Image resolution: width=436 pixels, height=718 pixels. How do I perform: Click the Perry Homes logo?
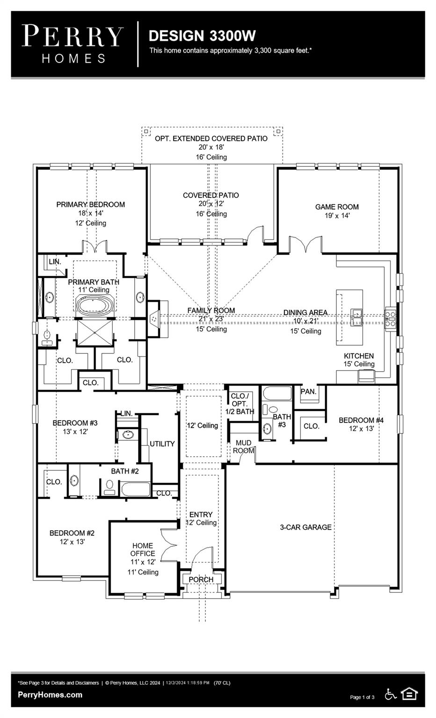pyautogui.click(x=73, y=44)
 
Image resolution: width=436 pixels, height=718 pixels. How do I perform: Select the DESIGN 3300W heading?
pyautogui.click(x=202, y=36)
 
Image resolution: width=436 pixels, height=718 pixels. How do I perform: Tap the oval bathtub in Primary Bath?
pyautogui.click(x=95, y=307)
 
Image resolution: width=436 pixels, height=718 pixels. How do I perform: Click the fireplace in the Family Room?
pyautogui.click(x=154, y=319)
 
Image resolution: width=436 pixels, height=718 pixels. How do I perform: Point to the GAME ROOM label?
pyautogui.click(x=337, y=207)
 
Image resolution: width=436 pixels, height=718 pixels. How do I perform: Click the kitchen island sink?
pyautogui.click(x=357, y=317)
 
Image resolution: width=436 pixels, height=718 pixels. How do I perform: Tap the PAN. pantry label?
pyautogui.click(x=308, y=391)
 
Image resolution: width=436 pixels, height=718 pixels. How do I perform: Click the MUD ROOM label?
pyautogui.click(x=243, y=446)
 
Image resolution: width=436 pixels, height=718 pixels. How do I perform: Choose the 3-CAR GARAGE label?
pyautogui.click(x=305, y=527)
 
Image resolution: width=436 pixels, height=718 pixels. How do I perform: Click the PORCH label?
pyautogui.click(x=201, y=579)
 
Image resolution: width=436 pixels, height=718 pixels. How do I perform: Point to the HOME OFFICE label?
pyautogui.click(x=143, y=549)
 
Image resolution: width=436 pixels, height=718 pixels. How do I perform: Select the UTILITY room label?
pyautogui.click(x=162, y=444)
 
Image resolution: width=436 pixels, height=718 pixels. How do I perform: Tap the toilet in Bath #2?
pyautogui.click(x=110, y=487)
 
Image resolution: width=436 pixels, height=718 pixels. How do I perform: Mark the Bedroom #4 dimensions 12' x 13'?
pyautogui.click(x=361, y=428)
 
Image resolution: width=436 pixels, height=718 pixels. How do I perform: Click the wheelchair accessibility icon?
pyautogui.click(x=390, y=694)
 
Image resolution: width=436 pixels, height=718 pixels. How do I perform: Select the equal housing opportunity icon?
pyautogui.click(x=410, y=694)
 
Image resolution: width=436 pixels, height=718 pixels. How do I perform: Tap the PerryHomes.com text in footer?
pyautogui.click(x=50, y=695)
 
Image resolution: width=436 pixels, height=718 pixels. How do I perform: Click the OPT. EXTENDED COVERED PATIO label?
pyautogui.click(x=211, y=138)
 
